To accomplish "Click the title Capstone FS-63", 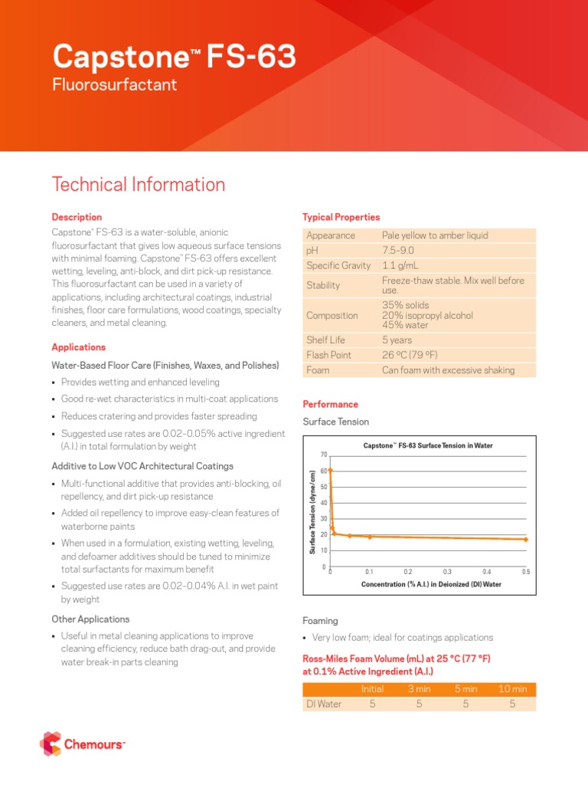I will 174,57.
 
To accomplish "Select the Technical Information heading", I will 138,185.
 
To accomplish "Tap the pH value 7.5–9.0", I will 398,251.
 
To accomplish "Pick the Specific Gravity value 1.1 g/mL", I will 400,265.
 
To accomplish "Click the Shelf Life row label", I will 325,340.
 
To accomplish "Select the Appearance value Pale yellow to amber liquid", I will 435,235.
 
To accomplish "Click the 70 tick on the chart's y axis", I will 324,455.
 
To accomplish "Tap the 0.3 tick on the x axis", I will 448,572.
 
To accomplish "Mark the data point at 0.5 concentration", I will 526,540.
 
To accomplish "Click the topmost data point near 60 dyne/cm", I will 330,471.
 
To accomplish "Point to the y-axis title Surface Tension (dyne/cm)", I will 312,511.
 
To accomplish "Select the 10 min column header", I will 512,689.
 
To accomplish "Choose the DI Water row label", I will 323,704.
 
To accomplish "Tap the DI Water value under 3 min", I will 420,704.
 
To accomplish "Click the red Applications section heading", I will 78,347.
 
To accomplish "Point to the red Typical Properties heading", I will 341,218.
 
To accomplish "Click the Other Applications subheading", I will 90,619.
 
